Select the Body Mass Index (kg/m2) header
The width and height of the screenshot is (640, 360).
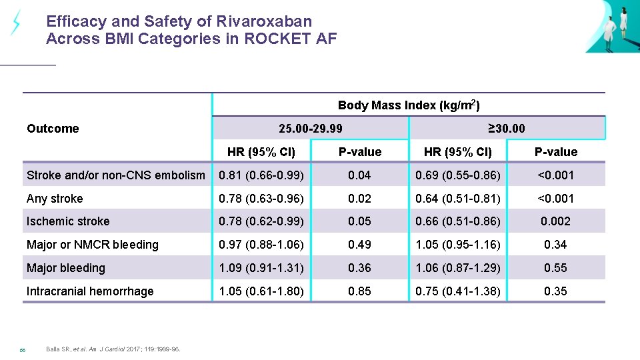[x=409, y=105]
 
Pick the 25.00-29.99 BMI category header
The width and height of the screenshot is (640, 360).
[x=311, y=128]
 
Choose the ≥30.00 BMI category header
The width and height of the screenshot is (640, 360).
[x=506, y=128]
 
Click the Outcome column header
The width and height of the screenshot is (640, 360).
[x=53, y=129]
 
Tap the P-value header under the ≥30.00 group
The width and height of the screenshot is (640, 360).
[x=555, y=152]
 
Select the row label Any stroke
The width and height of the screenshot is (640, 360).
[x=55, y=199]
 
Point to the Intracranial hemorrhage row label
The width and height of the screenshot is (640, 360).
[x=90, y=291]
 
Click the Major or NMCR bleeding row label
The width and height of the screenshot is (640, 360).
[x=93, y=245]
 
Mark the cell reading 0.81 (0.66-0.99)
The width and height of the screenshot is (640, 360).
[x=261, y=175]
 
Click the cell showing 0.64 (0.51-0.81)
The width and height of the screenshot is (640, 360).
[x=458, y=199]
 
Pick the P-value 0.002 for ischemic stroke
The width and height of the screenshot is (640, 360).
[x=555, y=221]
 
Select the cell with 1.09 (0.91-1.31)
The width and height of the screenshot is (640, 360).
[x=261, y=268]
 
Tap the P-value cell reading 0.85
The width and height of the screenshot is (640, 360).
[x=359, y=291]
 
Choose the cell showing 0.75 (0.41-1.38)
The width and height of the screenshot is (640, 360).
[x=458, y=291]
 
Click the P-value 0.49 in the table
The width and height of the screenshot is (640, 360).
[x=359, y=245]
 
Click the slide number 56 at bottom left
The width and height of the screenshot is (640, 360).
[x=22, y=349]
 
